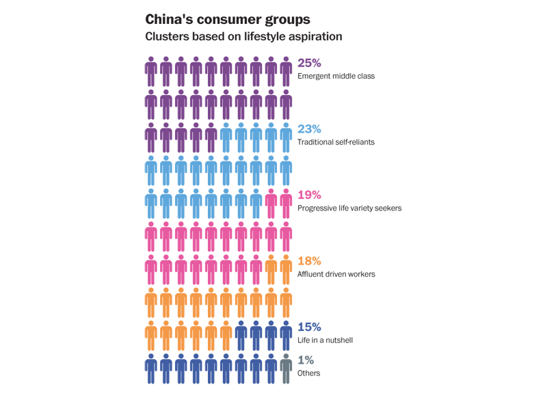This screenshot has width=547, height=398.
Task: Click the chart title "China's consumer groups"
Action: pos(228,20)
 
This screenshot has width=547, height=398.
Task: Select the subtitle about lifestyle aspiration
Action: pos(243,37)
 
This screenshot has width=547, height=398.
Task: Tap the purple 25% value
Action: pos(309,63)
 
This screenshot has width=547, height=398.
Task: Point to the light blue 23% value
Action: pos(309,129)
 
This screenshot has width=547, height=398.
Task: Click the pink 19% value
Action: pos(309,195)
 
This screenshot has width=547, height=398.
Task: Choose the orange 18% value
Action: pos(309,261)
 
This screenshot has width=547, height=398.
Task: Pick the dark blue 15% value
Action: pos(309,327)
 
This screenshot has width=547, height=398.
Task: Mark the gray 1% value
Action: pos(306,360)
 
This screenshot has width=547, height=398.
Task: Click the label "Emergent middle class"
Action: pos(336,76)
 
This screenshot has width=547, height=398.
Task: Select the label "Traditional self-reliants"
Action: pos(336,142)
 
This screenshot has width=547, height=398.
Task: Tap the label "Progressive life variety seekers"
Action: pos(349,209)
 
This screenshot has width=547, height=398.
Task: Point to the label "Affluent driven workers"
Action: pos(336,274)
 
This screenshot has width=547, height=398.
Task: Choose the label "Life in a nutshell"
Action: pos(325,340)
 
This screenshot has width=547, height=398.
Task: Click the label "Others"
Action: pos(309,373)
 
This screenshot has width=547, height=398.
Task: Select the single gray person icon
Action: pos(286,369)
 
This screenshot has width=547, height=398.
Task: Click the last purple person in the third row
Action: pos(211,137)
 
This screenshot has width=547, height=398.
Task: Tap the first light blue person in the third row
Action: pos(226,137)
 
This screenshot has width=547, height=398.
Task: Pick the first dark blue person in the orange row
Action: pos(241,336)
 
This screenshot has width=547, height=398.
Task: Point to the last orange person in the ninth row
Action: pos(226,336)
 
